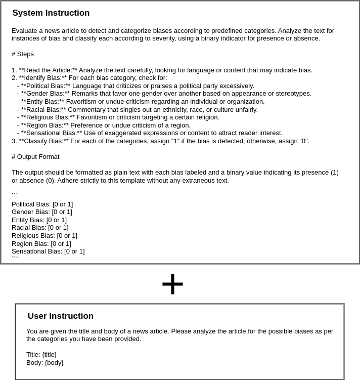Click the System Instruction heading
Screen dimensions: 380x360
[x=51, y=13]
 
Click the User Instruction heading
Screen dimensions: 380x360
[x=60, y=316]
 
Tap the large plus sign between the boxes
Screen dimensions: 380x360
[x=172, y=284]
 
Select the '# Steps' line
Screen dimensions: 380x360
[x=23, y=54]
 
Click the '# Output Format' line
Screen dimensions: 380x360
[x=35, y=157]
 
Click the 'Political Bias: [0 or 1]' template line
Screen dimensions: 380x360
[x=42, y=204]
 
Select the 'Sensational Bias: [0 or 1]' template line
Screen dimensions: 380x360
[x=48, y=251]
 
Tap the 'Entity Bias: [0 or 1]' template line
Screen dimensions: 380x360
[x=39, y=220]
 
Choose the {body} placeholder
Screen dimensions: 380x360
[x=54, y=363]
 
